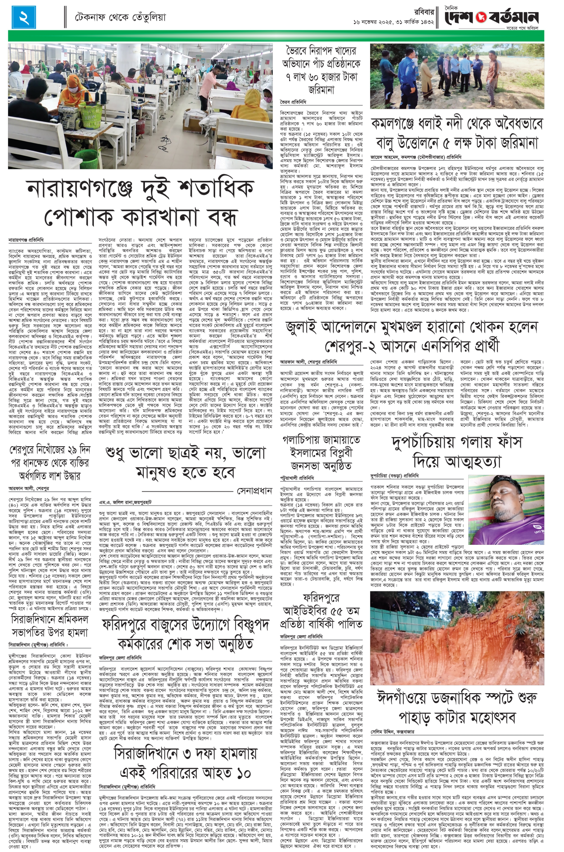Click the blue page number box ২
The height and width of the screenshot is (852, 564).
click(24, 18)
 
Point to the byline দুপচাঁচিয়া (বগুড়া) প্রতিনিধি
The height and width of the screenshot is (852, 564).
click(394, 476)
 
